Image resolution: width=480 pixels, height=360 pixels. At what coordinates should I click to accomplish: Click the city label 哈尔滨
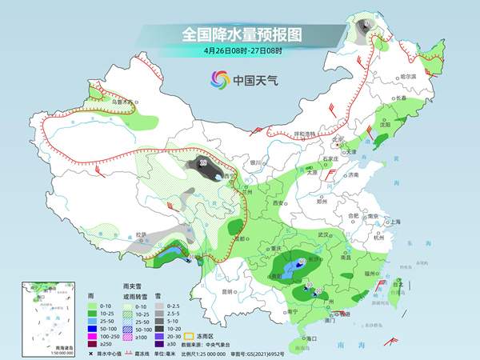click(x=408, y=76)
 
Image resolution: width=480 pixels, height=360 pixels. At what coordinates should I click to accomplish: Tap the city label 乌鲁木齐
click(x=120, y=102)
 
